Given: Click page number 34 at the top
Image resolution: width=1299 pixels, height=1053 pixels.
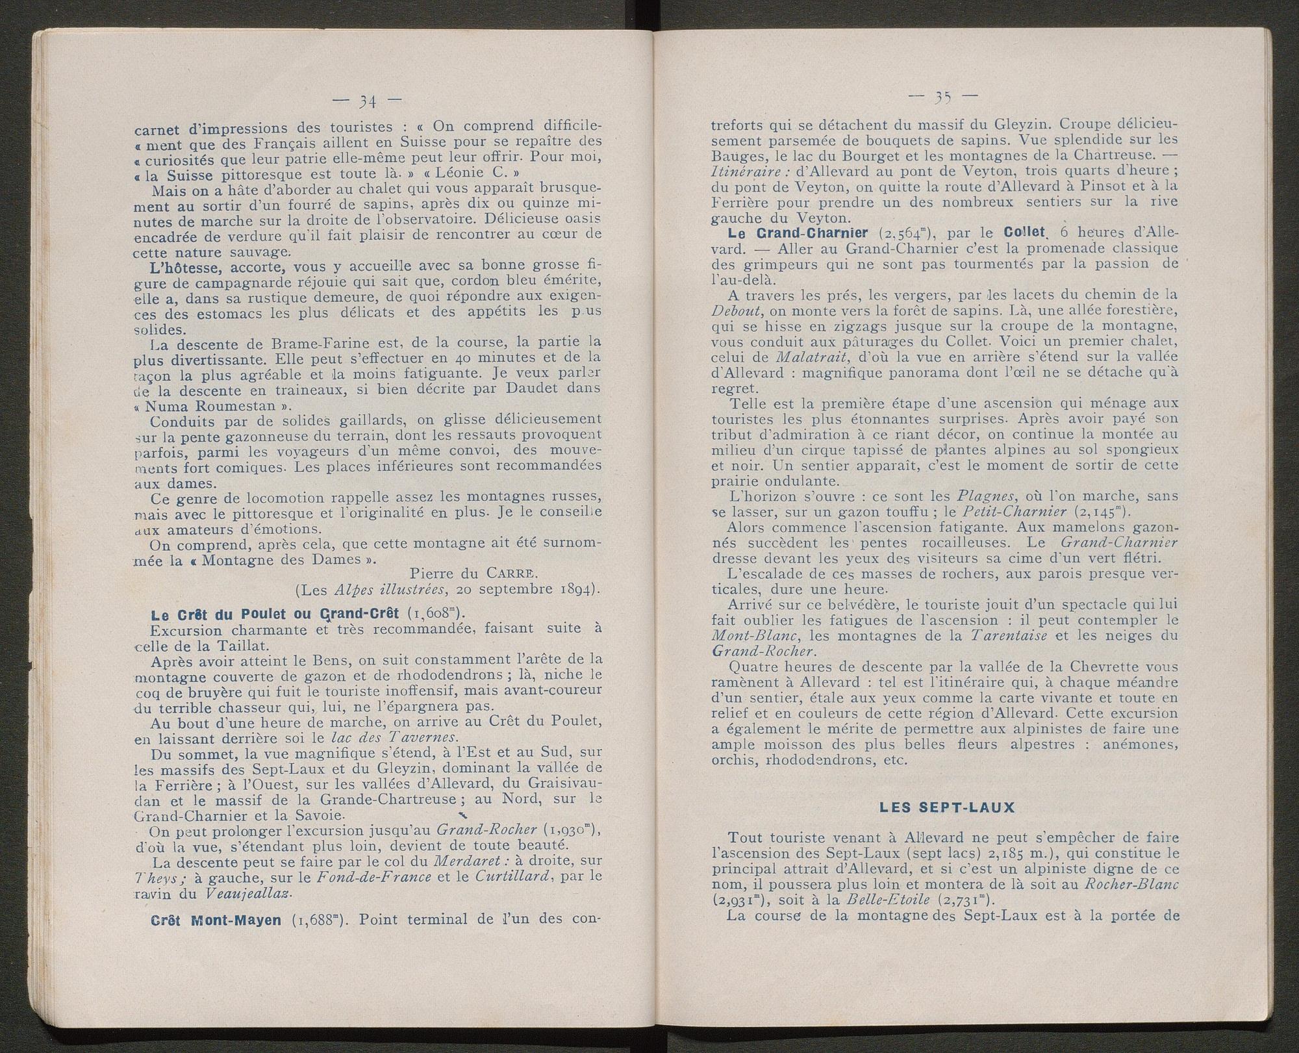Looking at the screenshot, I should pyautogui.click(x=368, y=101).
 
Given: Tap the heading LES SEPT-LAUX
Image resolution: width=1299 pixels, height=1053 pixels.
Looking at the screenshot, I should pyautogui.click(x=941, y=808).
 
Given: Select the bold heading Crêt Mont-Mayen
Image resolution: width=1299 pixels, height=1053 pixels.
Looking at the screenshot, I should pyautogui.click(x=216, y=920).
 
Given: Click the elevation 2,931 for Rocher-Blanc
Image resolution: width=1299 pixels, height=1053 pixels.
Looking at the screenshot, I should pyautogui.click(x=740, y=900).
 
